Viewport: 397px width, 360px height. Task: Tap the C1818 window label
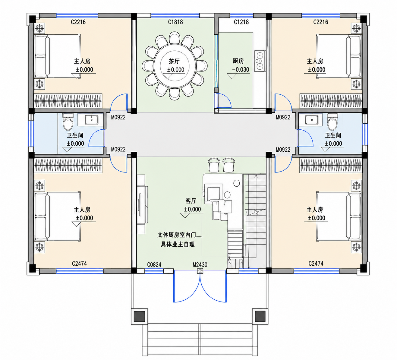coord(175,22)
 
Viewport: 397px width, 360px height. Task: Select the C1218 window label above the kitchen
coord(241,22)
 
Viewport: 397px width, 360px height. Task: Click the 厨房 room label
coord(238,61)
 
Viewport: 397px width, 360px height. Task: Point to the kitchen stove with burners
coord(260,61)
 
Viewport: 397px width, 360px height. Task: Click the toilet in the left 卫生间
coord(68,122)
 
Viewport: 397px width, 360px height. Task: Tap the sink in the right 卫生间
coord(312,120)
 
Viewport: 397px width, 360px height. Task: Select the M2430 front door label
coord(200,264)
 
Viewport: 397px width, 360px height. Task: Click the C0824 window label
coord(154,264)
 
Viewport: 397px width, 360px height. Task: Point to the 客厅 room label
coord(191,201)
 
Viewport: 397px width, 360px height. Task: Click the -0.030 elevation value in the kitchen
coord(241,70)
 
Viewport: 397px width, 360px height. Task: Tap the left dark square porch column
coord(139,317)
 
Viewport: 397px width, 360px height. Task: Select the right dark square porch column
coord(260,317)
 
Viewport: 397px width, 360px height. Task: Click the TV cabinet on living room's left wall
coord(142,204)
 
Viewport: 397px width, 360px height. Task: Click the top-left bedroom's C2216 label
coord(78,22)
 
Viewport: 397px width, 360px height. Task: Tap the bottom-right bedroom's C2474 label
coord(316,263)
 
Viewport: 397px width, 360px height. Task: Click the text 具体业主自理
coord(178,245)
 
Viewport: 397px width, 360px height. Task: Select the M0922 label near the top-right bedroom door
coord(283,117)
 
